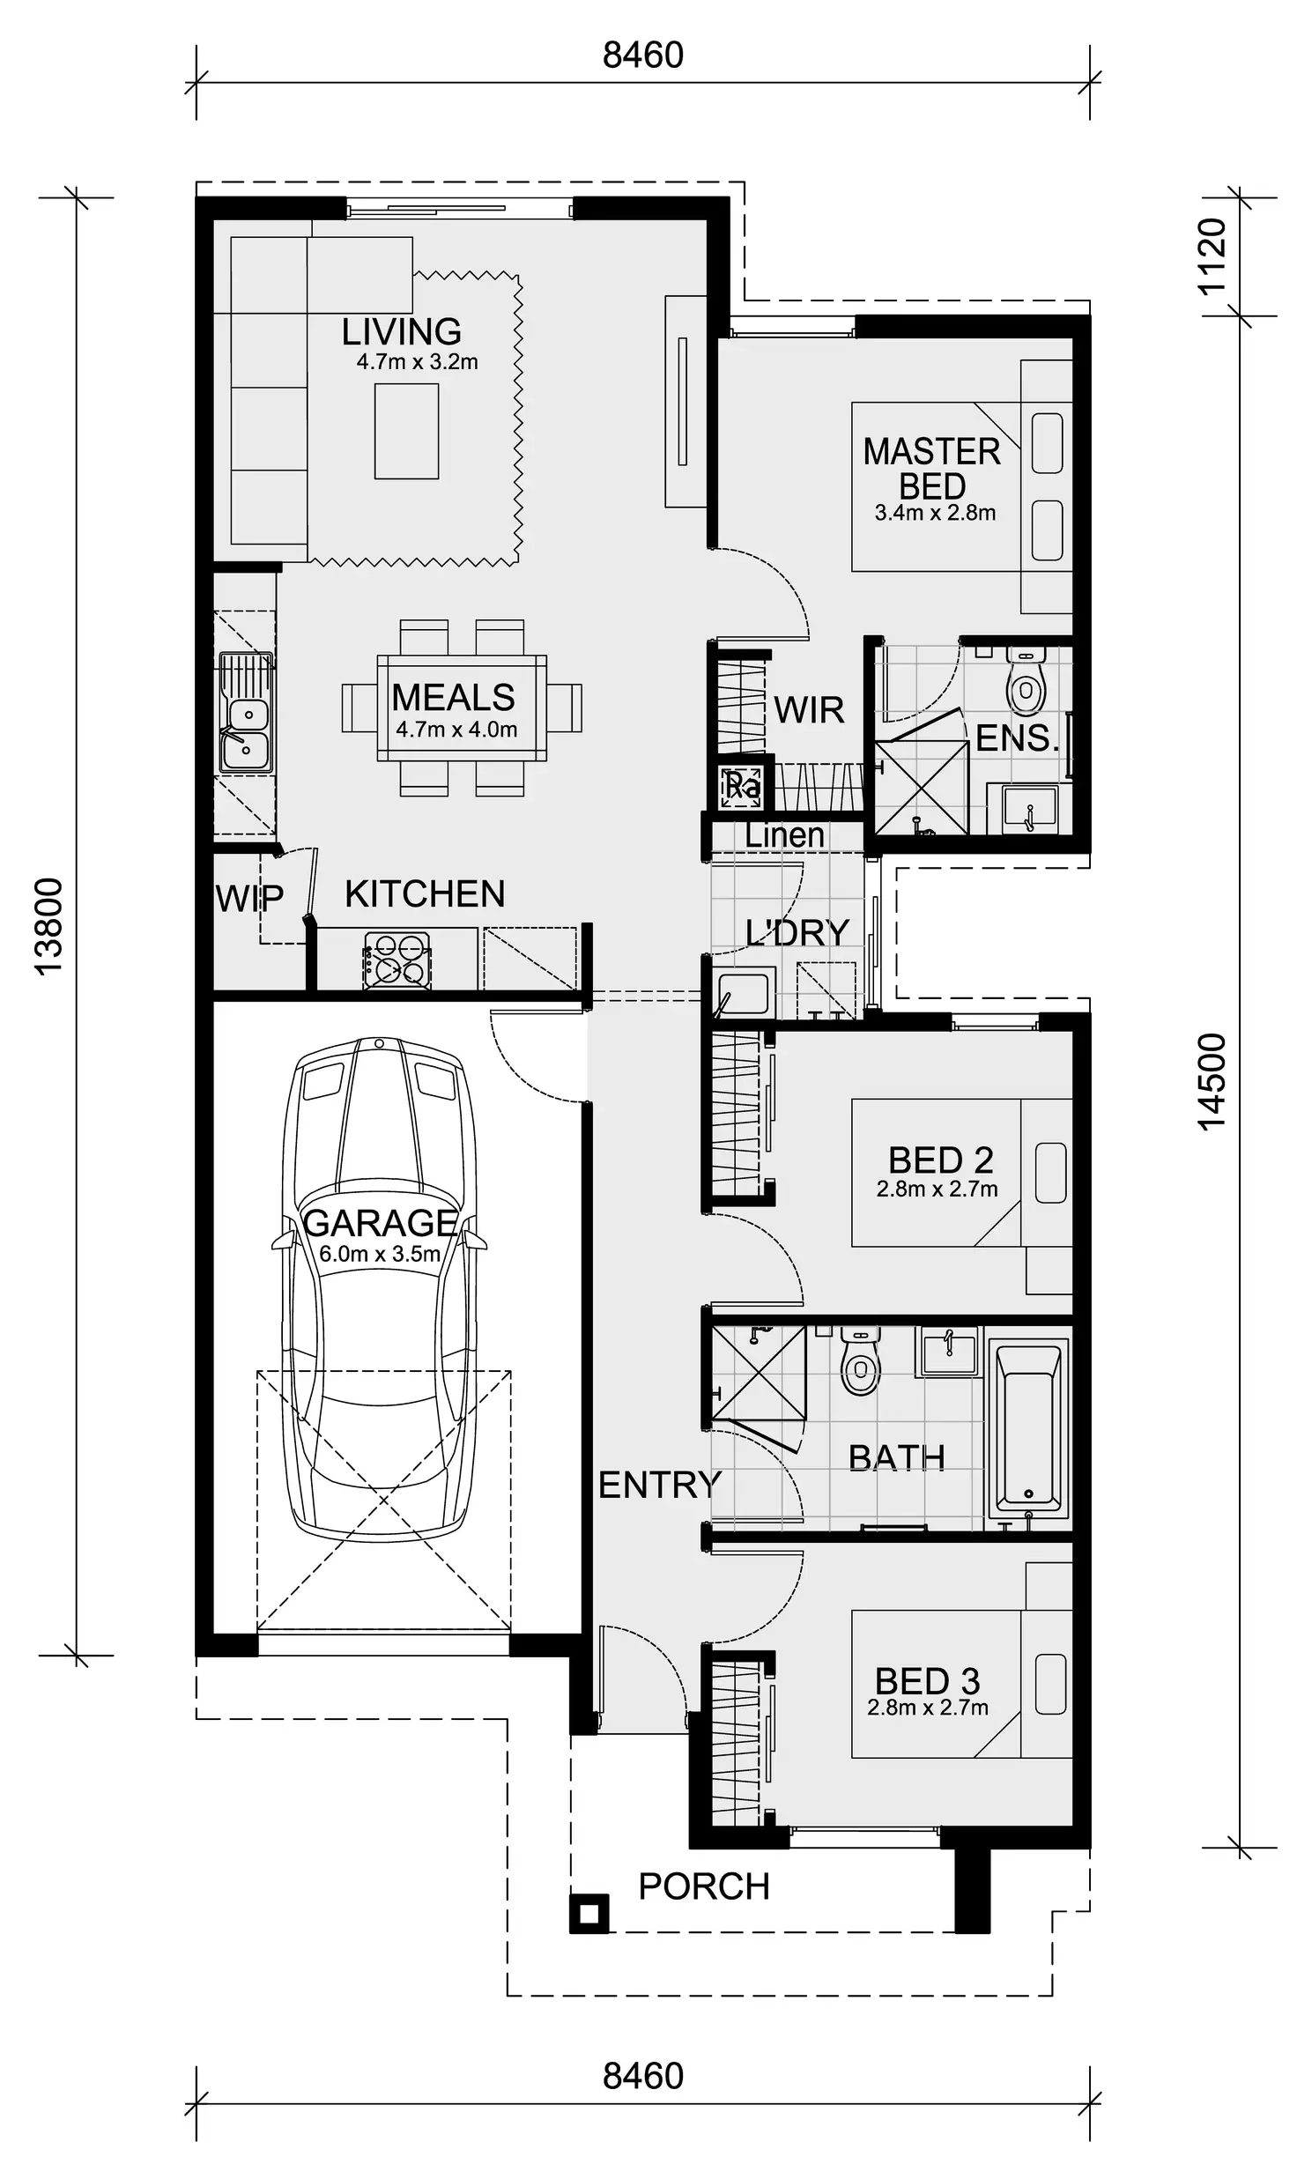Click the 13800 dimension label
pyautogui.click(x=48, y=925)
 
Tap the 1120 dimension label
pyautogui.click(x=1212, y=256)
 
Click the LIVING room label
pyautogui.click(x=402, y=332)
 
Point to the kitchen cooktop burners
pyautogui.click(x=397, y=960)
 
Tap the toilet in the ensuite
pyautogui.click(x=1026, y=683)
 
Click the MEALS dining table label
pyautogui.click(x=453, y=698)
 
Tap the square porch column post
pyautogui.click(x=589, y=1914)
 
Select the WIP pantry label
pyautogui.click(x=249, y=900)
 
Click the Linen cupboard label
pyautogui.click(x=784, y=835)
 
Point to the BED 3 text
pyautogui.click(x=927, y=1681)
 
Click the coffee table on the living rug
pyautogui.click(x=406, y=433)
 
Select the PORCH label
pyautogui.click(x=704, y=1886)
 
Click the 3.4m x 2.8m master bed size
pyautogui.click(x=935, y=513)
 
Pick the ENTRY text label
pyautogui.click(x=660, y=1485)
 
